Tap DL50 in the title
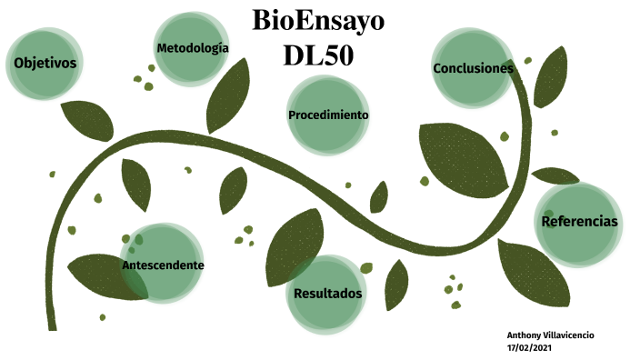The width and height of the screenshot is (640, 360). coord(318,55)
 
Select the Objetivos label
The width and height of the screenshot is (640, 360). coord(45,63)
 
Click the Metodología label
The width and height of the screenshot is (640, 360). coord(192,47)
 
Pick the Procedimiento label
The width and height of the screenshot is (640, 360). coord(328,115)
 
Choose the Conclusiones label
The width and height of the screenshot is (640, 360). coord(473,68)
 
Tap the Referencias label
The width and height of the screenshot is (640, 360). coord(579,222)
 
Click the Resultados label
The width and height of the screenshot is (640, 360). coord(328,294)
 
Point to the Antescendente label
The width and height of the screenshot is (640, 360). coord(163,265)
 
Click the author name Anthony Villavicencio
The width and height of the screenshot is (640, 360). coord(550,335)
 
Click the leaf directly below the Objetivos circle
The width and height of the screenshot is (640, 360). coord(88,117)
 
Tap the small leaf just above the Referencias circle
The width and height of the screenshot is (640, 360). coord(555,175)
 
